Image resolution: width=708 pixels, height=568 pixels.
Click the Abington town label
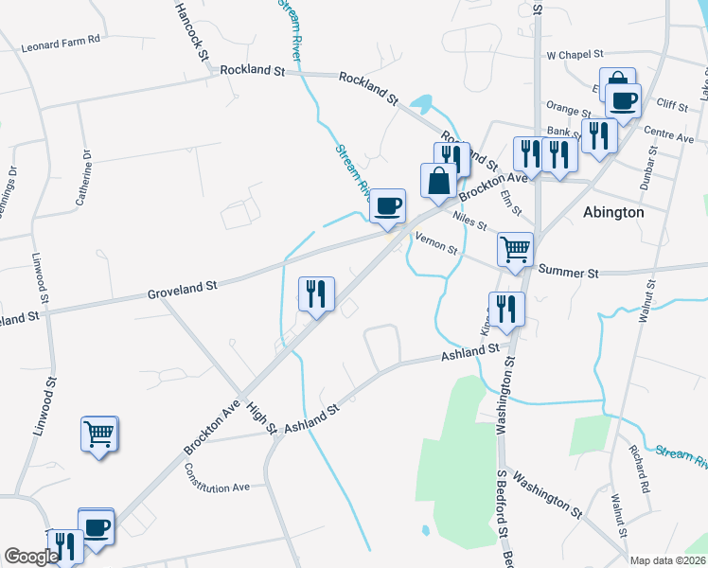pyautogui.click(x=613, y=212)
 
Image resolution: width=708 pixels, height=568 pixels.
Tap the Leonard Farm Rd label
pyautogui.click(x=61, y=45)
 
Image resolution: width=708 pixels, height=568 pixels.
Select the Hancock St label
pyautogui.click(x=190, y=31)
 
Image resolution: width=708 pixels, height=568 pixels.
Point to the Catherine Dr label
pyautogui.click(x=84, y=176)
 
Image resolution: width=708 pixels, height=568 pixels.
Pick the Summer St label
pyautogui.click(x=568, y=272)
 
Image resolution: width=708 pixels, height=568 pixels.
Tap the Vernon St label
pyautogui.click(x=438, y=246)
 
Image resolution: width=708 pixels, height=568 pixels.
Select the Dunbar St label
pyautogui.click(x=647, y=170)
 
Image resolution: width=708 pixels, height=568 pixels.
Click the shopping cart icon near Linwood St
pyautogui.click(x=98, y=435)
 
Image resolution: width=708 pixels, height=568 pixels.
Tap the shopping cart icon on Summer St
pyautogui.click(x=515, y=251)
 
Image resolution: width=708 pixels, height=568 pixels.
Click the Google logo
pyautogui.click(x=31, y=557)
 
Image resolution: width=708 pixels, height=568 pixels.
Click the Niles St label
pyautogui.click(x=469, y=222)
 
